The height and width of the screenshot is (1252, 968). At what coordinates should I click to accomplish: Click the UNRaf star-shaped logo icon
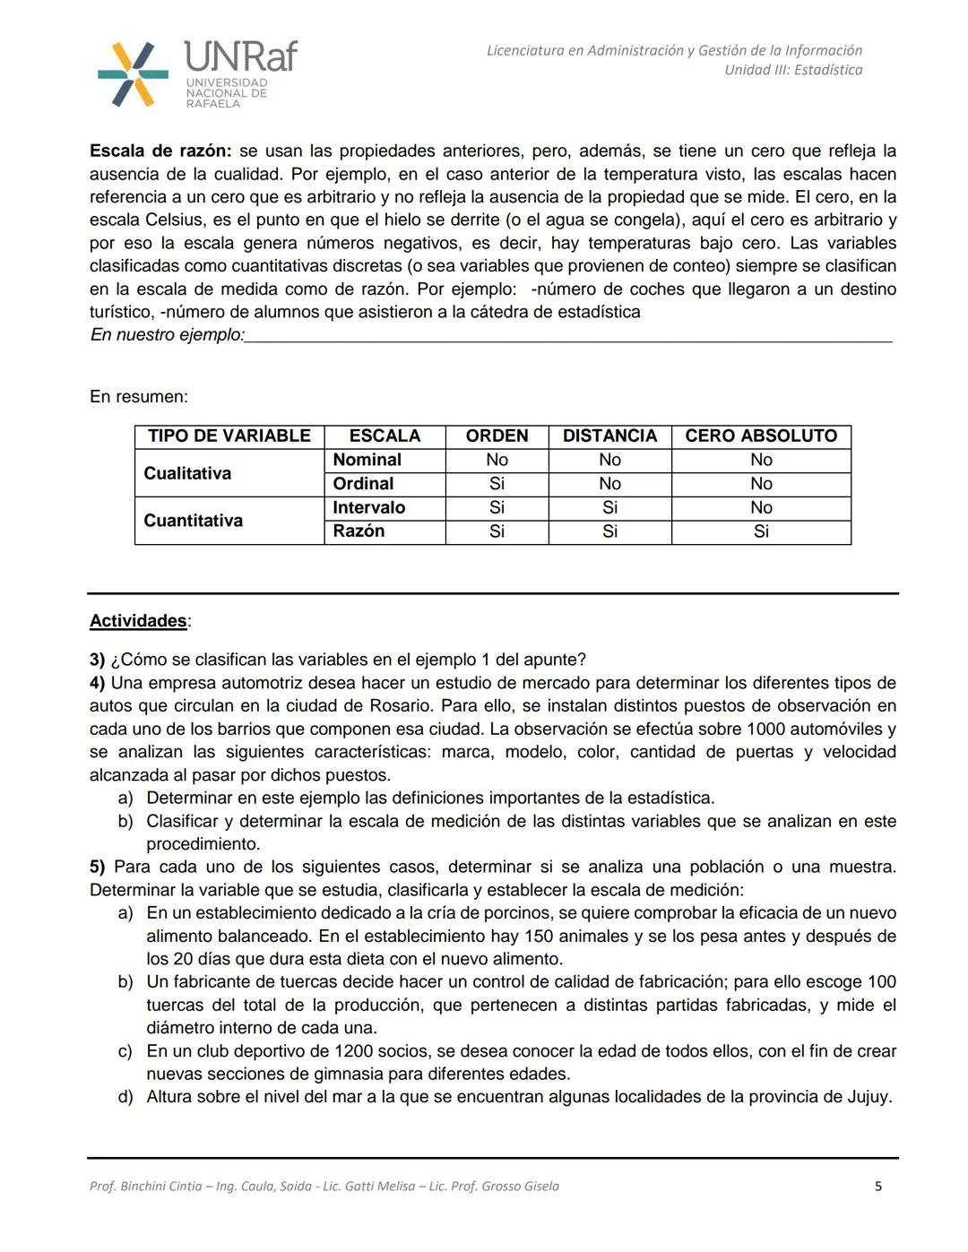tap(133, 74)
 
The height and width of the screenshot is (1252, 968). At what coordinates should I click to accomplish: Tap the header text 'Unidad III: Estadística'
tap(793, 70)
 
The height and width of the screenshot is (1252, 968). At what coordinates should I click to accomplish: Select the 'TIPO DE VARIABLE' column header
tap(229, 436)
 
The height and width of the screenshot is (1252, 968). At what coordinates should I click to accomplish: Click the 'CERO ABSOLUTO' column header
tap(761, 436)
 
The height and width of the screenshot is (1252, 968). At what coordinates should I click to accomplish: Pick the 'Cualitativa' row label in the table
tap(187, 473)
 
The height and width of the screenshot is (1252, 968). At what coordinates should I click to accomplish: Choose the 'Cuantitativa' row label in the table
tap(193, 521)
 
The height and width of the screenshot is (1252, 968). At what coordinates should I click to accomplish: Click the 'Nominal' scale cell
tap(367, 460)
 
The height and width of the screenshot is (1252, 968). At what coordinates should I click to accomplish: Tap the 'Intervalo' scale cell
tap(368, 507)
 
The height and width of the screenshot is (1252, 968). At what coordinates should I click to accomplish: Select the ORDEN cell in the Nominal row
tap(497, 460)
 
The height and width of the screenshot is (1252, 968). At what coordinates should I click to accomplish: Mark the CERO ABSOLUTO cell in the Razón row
tap(761, 531)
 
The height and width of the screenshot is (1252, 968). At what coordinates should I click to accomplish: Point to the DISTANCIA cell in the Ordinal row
tap(609, 484)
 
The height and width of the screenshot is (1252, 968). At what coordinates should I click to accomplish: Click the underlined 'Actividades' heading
tap(138, 621)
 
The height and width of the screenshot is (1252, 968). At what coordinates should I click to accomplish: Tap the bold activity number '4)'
tap(98, 683)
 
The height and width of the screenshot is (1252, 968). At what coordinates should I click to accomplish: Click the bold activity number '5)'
tap(98, 867)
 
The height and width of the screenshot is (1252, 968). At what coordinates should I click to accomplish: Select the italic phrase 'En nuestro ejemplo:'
tap(167, 335)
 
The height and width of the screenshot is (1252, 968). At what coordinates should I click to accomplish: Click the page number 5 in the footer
tap(877, 1187)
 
